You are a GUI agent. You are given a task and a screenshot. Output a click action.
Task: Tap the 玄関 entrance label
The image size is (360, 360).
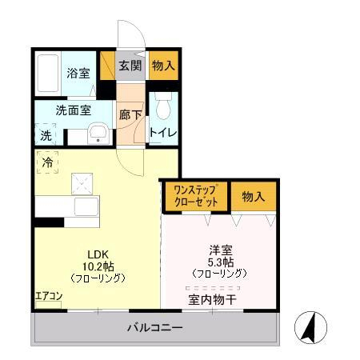tap(130, 67)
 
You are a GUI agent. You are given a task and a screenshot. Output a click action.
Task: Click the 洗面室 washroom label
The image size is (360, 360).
tap(72, 110)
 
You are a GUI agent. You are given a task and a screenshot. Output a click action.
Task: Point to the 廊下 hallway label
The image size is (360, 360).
tap(130, 114)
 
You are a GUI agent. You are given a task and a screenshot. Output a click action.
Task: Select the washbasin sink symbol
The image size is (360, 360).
tap(98, 134)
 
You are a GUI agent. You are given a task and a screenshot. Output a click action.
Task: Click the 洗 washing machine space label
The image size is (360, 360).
tap(46, 135)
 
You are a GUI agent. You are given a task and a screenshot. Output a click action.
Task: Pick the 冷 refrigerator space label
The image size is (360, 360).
tap(47, 162)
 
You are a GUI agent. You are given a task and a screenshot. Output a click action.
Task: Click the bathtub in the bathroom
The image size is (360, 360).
tap(49, 74)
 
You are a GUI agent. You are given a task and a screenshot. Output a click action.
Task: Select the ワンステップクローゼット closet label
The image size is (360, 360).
tap(195, 196)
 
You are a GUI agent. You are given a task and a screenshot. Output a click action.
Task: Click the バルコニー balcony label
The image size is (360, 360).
tap(155, 329)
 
